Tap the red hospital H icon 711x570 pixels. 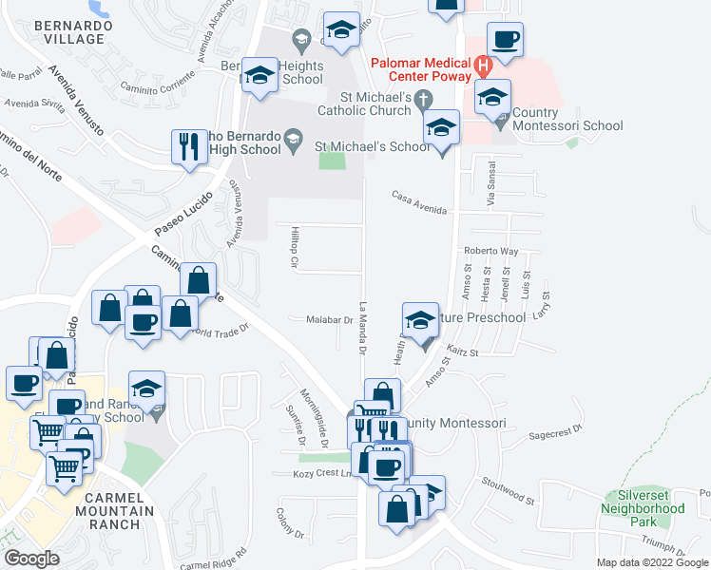pos(484,66)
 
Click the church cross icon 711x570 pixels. pos(426,98)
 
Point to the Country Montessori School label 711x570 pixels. pos(568,125)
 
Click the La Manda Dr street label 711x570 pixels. pos(363,328)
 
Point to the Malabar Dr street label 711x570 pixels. pos(329,321)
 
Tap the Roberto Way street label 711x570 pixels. pos(490,252)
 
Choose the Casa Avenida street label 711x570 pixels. pos(418,196)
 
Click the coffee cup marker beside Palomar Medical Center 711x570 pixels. pos(505,41)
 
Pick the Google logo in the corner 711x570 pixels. pos(31,559)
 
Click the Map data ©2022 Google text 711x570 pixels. pos(652,562)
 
